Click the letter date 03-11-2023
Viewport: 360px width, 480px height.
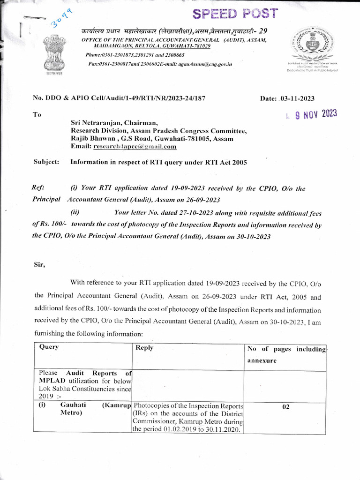pyautogui.click(x=297, y=98)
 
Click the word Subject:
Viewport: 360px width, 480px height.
pyautogui.click(x=46, y=162)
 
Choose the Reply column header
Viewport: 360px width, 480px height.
pyautogui.click(x=144, y=348)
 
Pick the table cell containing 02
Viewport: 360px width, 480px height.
pyautogui.click(x=285, y=407)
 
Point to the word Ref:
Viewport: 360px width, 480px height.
pyautogui.click(x=38, y=188)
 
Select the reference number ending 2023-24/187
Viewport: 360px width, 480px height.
pyautogui.click(x=119, y=98)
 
